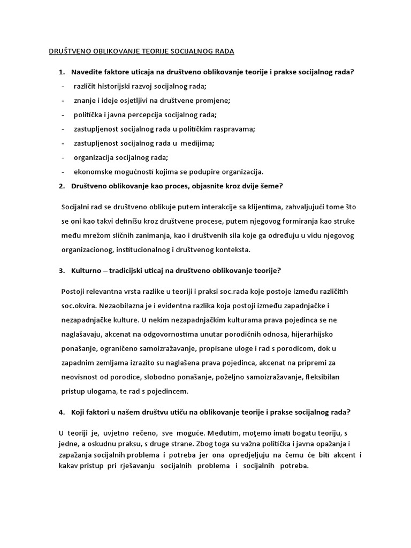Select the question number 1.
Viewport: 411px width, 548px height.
pyautogui.click(x=62, y=72)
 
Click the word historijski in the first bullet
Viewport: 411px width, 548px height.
pyautogui.click(x=119, y=86)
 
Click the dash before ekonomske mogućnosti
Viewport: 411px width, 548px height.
pyautogui.click(x=64, y=172)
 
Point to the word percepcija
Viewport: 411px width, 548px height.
pyautogui.click(x=149, y=115)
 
